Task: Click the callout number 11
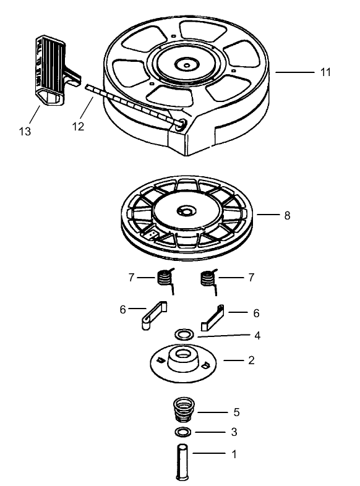coord(325,72)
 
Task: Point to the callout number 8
coord(287,216)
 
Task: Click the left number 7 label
coord(132,278)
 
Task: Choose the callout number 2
coord(251,360)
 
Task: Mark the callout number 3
coord(234,432)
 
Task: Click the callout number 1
coord(234,454)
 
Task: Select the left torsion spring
coord(164,279)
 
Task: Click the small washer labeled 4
coord(184,334)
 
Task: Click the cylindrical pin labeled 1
coord(183,458)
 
